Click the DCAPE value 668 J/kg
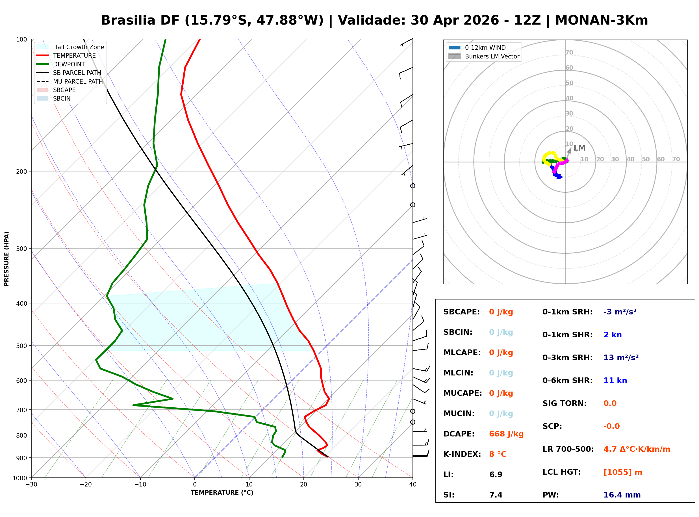coord(506,434)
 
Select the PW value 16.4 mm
coord(622,495)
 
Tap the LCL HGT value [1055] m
coord(623,472)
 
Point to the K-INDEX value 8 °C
coord(498,454)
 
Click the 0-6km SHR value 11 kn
coord(615,381)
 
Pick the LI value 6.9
coord(496,474)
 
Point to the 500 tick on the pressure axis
coord(21,346)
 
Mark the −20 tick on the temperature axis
coord(85,485)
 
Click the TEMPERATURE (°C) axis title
coord(222,493)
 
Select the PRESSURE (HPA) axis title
coord(6,258)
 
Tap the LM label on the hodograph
coord(579,148)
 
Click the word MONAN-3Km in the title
coord(601,20)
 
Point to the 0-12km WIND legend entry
coord(485,47)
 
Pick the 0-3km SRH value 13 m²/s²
coord(621,357)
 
